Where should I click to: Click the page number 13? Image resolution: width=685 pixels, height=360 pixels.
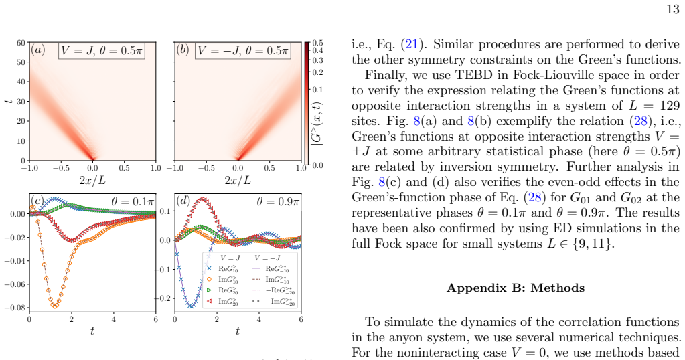(673, 9)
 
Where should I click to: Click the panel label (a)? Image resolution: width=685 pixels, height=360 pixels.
(38, 50)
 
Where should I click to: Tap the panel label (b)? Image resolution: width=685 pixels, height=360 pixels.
(183, 50)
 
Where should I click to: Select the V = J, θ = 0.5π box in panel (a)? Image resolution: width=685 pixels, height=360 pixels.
(101, 51)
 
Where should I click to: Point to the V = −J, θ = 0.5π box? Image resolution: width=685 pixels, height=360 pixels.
(242, 51)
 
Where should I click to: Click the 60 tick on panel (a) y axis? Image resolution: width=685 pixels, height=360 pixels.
(21, 43)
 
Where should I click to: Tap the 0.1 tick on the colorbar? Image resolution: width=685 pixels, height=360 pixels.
(317, 90)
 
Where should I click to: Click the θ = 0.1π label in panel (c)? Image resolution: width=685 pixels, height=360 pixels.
(133, 201)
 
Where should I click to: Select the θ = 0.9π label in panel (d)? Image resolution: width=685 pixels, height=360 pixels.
(279, 201)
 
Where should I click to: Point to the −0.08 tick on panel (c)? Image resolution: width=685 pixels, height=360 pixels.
(15, 308)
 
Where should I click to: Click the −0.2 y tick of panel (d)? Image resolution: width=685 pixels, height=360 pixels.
(164, 298)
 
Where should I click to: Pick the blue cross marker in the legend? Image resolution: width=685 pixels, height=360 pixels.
(210, 269)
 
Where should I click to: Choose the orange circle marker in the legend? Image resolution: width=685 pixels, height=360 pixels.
(210, 279)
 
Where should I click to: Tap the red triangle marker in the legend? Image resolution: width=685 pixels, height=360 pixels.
(210, 301)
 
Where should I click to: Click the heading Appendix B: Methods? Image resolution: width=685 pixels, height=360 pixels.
(516, 288)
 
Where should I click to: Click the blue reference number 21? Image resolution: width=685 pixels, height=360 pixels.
(412, 44)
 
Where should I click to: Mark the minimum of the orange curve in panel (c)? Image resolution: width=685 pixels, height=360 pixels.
(55, 306)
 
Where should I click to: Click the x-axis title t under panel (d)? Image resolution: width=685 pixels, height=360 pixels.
(237, 331)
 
